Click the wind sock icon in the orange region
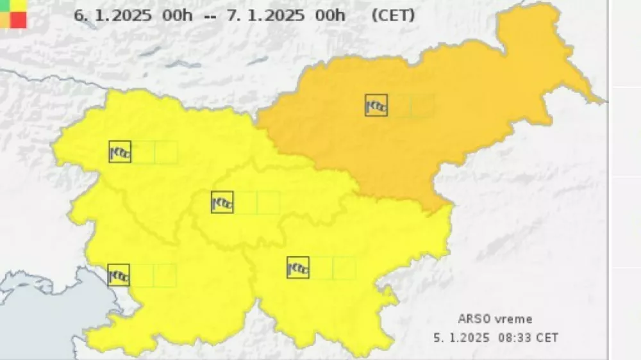coord(376,105)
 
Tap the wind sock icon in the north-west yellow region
coord(120,152)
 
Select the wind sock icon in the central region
coord(222,202)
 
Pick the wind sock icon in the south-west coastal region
coord(119,275)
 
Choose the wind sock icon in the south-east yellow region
coord(298,268)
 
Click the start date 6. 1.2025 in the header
coord(113,15)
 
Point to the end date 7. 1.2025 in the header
coord(265,15)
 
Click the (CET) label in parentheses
coord(393,15)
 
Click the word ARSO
coord(472,319)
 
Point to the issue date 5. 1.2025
coord(461,337)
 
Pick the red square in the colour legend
coord(19,20)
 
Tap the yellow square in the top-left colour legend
coord(19,4)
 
